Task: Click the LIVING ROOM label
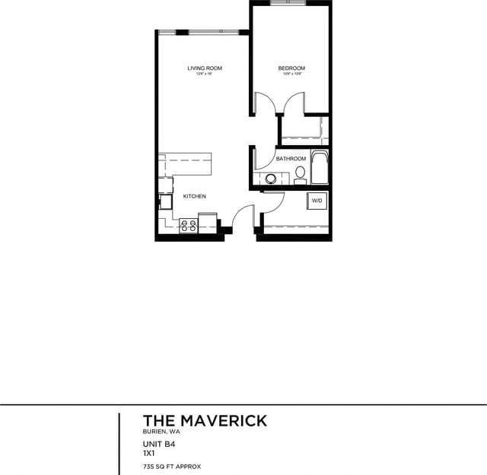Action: coord(205,68)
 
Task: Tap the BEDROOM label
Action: coord(291,68)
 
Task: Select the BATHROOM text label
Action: coord(291,159)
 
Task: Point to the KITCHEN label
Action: coord(194,197)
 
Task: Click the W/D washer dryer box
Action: coord(317,201)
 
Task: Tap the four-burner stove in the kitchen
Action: coord(187,225)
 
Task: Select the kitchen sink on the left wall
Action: coord(164,202)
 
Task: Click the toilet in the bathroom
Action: coord(300,176)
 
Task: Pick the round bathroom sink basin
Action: coord(271,179)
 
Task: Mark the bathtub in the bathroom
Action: coord(320,168)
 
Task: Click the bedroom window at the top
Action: coord(290,3)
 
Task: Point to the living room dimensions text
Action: coord(205,74)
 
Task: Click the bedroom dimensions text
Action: coord(291,74)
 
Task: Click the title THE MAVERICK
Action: coord(205,421)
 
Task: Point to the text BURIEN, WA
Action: coord(161,432)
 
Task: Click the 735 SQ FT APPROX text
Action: coord(171,466)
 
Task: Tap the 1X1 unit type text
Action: coord(150,454)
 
